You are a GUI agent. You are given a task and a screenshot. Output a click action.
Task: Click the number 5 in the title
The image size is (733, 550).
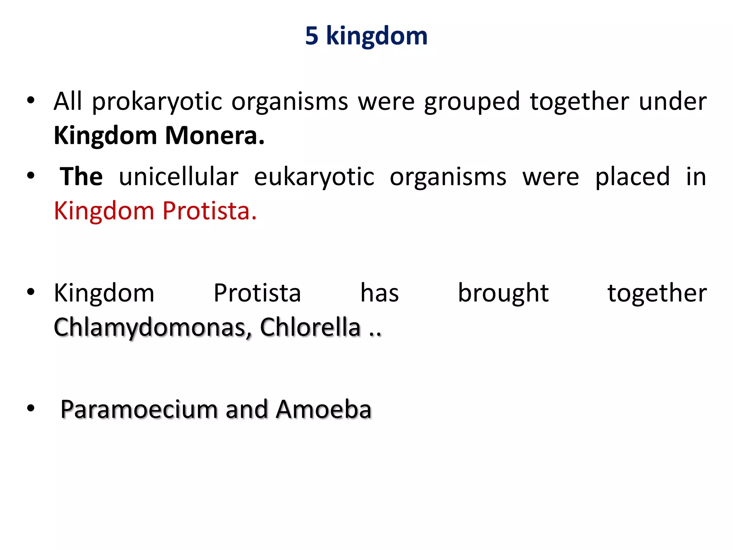(x=312, y=36)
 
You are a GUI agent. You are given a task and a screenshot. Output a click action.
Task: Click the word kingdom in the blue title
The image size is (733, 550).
(x=377, y=37)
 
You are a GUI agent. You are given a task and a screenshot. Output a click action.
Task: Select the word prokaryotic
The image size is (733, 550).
(x=157, y=102)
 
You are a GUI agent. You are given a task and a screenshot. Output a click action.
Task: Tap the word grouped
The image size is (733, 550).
(x=472, y=102)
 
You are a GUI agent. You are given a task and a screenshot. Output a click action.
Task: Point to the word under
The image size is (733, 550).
(x=673, y=101)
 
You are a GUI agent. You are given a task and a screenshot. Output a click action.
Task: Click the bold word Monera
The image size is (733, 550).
(x=215, y=136)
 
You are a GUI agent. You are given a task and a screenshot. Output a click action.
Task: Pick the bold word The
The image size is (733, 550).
(x=82, y=177)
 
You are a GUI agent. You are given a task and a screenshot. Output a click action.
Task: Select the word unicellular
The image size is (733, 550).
(x=179, y=177)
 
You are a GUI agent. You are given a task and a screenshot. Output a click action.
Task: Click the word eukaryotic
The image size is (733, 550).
(x=314, y=177)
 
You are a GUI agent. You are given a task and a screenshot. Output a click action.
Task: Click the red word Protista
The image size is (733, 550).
(x=209, y=211)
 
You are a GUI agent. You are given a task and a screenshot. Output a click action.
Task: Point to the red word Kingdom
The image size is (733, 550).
(x=104, y=211)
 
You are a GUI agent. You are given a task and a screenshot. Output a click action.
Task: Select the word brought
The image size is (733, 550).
(x=503, y=293)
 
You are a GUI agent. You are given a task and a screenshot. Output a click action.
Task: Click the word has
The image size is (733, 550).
(x=379, y=293)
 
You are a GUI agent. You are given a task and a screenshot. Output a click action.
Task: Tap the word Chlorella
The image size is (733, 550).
(x=310, y=327)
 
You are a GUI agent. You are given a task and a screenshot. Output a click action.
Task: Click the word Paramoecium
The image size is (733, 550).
(x=139, y=409)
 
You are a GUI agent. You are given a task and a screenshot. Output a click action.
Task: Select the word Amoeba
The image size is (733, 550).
(x=324, y=409)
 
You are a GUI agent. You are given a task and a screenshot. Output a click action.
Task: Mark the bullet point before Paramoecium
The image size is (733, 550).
(x=31, y=408)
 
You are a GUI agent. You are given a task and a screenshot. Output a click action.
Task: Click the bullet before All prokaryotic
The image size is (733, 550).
(x=31, y=101)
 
